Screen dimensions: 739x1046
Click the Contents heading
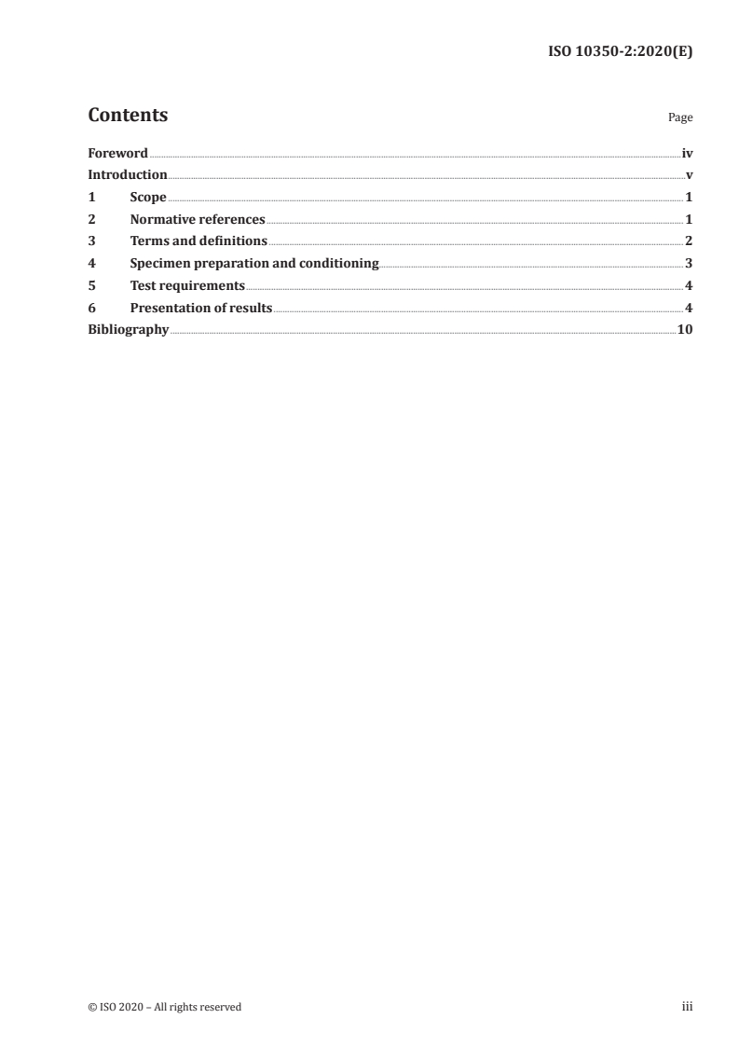pos(128,116)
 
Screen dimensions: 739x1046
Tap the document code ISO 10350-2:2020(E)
pos(619,52)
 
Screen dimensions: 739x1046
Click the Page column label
pos(680,117)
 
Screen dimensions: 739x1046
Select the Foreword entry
pos(117,153)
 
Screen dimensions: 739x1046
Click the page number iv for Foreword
pos(687,153)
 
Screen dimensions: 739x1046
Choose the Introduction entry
pos(128,175)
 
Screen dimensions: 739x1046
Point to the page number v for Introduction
pos(689,175)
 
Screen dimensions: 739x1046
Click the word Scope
pos(148,198)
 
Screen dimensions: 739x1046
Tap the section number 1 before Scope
pos(91,198)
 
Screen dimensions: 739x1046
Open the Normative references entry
pos(198,220)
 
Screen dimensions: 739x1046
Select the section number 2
pos(91,220)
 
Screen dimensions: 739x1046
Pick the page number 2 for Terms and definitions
pos(689,241)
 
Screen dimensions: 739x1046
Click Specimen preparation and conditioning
pos(254,264)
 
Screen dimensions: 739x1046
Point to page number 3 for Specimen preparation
pos(689,264)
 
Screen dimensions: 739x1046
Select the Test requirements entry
pos(187,286)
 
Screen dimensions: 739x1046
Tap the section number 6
pos(91,309)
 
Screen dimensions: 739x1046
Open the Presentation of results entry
pos(201,309)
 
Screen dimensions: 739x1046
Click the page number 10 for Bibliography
pos(685,330)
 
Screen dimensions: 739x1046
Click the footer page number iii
pos(688,1006)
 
